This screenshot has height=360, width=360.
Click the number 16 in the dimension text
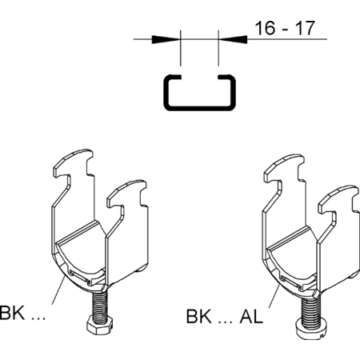click(265, 28)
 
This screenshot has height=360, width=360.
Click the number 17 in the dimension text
click(306, 28)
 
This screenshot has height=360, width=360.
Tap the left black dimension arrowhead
click(166, 39)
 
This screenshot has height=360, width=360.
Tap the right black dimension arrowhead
click(233, 39)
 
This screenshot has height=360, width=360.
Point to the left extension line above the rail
click(181, 48)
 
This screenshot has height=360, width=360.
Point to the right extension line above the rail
click(218, 48)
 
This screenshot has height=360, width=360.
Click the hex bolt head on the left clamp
click(99, 325)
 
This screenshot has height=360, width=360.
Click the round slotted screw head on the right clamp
click(310, 330)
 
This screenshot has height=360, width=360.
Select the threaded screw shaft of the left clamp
click(100, 304)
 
